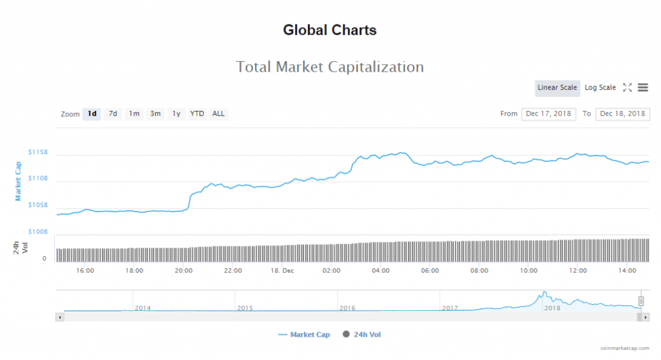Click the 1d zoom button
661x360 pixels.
[x=92, y=114]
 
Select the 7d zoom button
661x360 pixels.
[x=113, y=114]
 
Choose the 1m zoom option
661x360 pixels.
[x=134, y=114]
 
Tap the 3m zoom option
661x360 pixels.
[x=155, y=114]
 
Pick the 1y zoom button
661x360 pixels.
[x=176, y=114]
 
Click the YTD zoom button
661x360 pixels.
[x=197, y=114]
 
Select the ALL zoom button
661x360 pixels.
[x=219, y=114]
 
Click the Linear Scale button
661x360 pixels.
[x=557, y=88]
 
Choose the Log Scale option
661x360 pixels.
[x=600, y=88]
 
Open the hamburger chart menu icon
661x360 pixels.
[x=643, y=88]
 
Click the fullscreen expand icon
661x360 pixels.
[x=627, y=88]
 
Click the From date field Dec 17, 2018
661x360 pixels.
[x=548, y=114]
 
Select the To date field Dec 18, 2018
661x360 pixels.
[x=622, y=114]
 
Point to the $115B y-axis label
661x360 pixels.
[x=38, y=152]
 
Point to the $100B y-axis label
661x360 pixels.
[x=38, y=232]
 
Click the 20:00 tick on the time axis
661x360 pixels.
[x=184, y=271]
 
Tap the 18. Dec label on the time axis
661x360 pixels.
[x=282, y=271]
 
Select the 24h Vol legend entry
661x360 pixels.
[x=366, y=334]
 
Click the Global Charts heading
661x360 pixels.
[x=330, y=30]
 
